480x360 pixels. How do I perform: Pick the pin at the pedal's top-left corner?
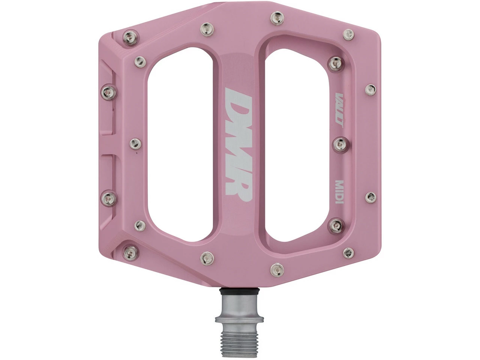130,37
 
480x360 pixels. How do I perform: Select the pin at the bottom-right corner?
349,253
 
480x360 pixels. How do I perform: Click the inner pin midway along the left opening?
135,143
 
